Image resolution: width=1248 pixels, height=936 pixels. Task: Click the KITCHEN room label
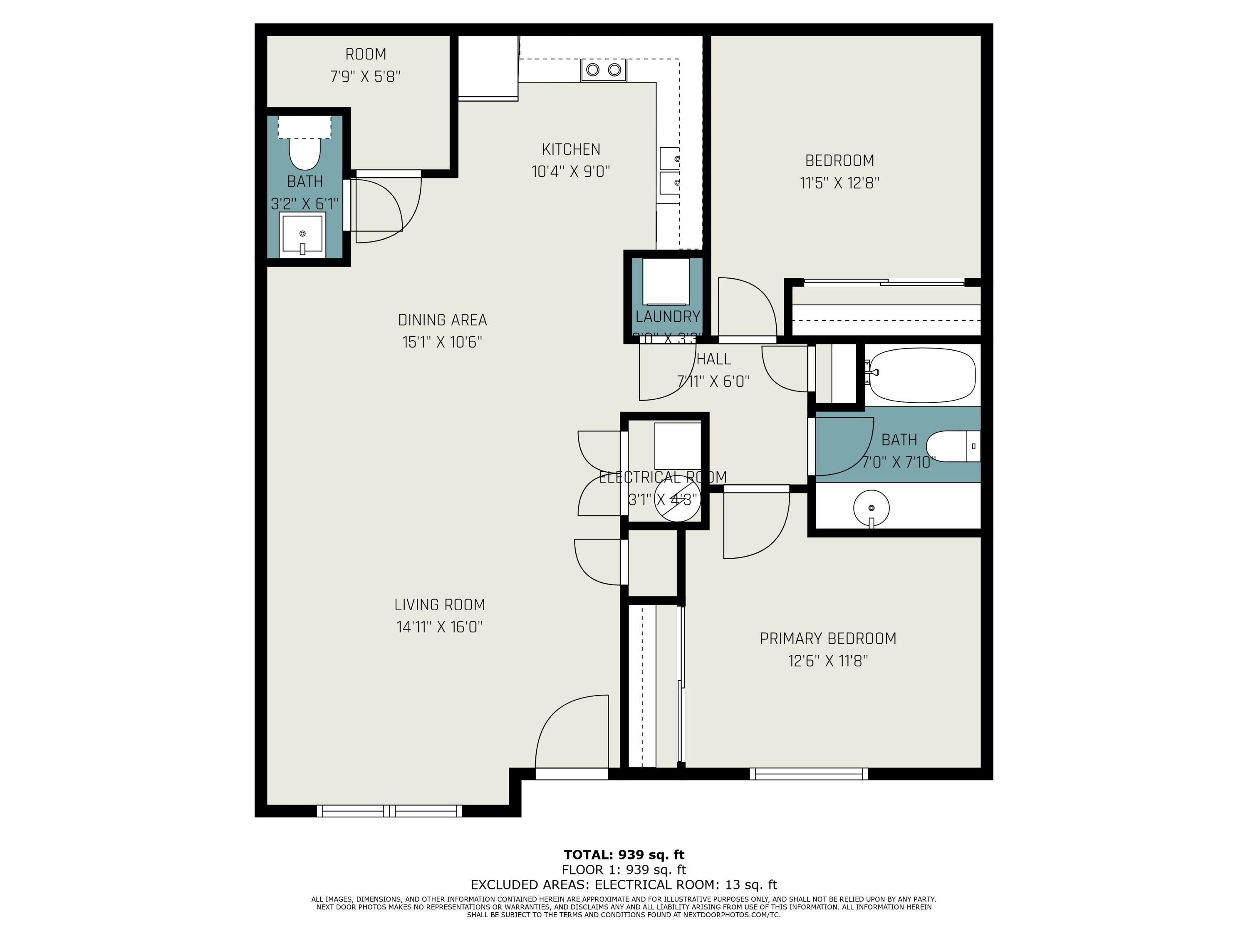tap(571, 149)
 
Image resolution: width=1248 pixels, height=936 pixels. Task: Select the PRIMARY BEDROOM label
tap(828, 639)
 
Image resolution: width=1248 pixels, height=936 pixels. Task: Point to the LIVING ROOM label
tap(440, 605)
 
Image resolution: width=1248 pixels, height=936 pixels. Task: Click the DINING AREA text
tap(442, 320)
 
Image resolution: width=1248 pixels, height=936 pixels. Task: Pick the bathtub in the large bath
tap(922, 375)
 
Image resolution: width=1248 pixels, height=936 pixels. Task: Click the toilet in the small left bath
tap(305, 152)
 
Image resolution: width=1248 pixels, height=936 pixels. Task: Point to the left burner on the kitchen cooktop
tap(593, 70)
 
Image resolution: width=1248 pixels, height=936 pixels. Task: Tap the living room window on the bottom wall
tap(389, 811)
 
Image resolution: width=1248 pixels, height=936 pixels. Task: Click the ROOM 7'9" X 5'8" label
tap(366, 65)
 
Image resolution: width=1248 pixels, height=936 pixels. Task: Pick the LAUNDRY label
tap(667, 317)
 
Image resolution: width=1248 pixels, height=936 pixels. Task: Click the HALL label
tap(714, 359)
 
